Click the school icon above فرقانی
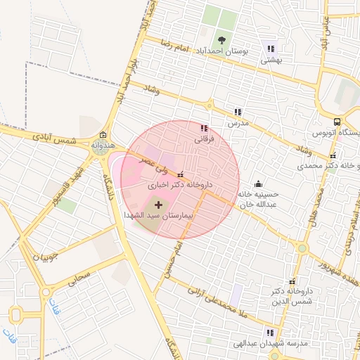coord(204,129)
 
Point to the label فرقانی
coord(203,139)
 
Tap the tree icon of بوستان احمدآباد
coord(222,39)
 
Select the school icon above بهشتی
coord(271,49)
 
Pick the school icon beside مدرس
coord(238,112)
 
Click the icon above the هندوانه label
coord(103,135)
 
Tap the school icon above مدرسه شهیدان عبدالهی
coord(269,333)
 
